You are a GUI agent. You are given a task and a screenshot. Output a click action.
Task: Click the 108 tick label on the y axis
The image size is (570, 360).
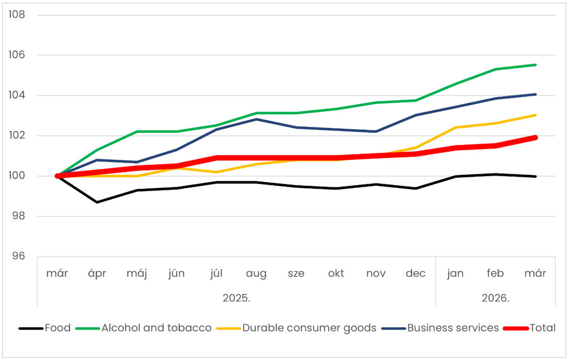pos(17,14)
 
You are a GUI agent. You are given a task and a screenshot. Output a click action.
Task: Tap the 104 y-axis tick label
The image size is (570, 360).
pos(17,95)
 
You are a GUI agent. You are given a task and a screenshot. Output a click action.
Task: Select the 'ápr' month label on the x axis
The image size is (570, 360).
pos(97,273)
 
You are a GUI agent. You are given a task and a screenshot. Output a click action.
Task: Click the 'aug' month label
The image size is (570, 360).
pos(256,273)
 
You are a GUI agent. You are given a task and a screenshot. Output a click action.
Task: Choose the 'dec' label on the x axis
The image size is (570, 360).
pos(416,273)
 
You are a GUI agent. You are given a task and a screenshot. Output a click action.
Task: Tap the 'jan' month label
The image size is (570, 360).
pos(455,273)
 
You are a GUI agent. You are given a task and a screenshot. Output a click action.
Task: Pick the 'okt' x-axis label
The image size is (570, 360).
pos(336,273)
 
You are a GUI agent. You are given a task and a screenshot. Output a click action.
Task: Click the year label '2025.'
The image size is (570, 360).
pos(236,298)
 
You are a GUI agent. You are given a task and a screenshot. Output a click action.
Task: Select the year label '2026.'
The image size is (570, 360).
pos(496,298)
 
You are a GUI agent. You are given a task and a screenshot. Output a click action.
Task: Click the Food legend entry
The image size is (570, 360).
pos(57,328)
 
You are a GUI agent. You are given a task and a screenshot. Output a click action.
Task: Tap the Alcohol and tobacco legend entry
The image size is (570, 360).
pos(156,328)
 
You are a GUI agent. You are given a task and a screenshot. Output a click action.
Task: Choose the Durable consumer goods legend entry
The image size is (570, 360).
pos(309,328)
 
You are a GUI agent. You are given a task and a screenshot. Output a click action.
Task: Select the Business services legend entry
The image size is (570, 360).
pos(453,328)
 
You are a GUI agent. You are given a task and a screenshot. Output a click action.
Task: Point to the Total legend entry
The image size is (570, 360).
pos(542,328)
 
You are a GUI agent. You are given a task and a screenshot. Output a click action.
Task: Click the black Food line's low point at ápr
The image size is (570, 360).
pos(97,202)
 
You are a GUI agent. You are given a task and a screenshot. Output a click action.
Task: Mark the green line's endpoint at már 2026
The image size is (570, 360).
pos(535,64)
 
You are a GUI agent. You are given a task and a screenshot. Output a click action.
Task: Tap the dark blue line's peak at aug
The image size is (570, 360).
pos(256,119)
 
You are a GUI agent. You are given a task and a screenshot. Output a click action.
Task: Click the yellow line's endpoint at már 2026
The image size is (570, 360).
pos(535,115)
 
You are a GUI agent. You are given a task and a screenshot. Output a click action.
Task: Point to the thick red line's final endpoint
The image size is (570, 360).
pos(535,137)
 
